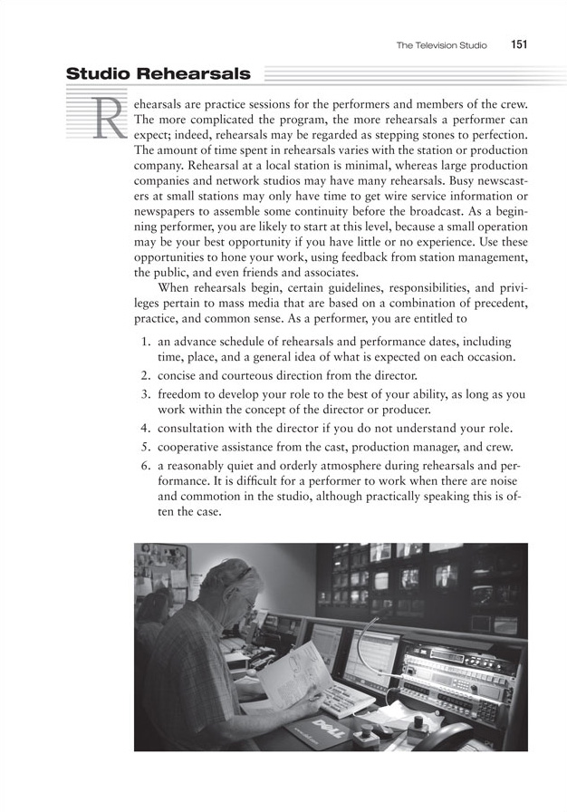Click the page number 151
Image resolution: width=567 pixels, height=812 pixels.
pyautogui.click(x=519, y=44)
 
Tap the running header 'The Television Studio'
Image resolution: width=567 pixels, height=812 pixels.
pyautogui.click(x=441, y=44)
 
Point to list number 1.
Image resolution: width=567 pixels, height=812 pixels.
pyautogui.click(x=146, y=342)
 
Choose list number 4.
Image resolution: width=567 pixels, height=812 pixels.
pyautogui.click(x=146, y=428)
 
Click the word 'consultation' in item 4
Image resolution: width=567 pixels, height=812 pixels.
pyautogui.click(x=194, y=428)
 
